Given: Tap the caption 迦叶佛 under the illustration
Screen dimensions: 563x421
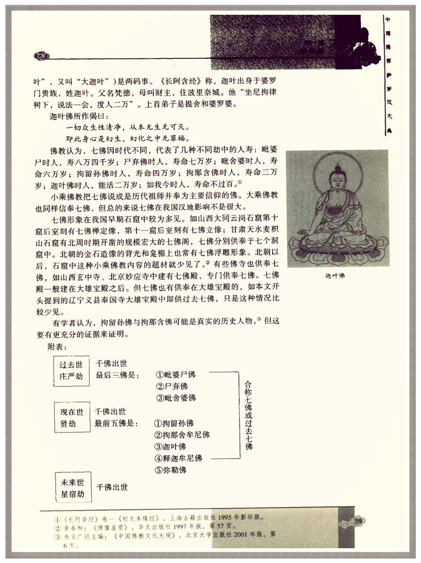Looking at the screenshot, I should [x=335, y=276].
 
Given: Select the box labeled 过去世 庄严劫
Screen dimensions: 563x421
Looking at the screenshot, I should [x=71, y=371].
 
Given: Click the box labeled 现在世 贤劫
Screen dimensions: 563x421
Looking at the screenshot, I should [x=72, y=418].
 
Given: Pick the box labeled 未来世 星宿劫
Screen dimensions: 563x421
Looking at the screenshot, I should [x=73, y=488].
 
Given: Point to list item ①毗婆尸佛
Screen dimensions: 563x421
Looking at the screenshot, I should [x=176, y=374].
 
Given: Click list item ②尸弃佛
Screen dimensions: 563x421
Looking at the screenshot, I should [x=172, y=386].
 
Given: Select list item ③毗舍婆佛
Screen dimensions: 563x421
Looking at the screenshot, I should [x=176, y=398].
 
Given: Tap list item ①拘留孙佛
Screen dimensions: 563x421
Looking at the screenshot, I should [x=174, y=423].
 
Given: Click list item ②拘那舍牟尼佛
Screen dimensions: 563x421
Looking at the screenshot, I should [x=182, y=435].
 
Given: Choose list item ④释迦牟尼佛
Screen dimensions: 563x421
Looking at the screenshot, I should [x=178, y=458].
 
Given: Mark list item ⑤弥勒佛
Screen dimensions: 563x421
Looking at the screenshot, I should [x=171, y=470].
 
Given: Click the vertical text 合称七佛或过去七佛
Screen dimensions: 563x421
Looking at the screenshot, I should [x=248, y=415].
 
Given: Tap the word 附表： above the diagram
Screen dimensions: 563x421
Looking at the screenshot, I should [x=57, y=347].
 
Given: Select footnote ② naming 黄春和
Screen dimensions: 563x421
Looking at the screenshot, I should [x=145, y=526].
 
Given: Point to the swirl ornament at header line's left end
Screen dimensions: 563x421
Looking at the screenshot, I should [x=42, y=56].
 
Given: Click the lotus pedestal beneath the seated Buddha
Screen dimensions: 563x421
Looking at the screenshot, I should [x=337, y=248].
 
